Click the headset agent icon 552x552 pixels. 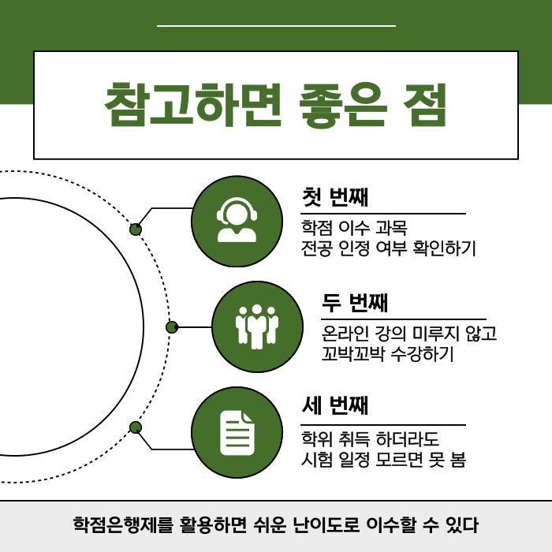[x=237, y=222]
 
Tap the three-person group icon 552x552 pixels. [x=257, y=326]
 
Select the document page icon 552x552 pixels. [x=237, y=432]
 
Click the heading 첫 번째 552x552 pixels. [x=335, y=196]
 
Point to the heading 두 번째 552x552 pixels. [x=356, y=302]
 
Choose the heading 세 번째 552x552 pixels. [x=335, y=407]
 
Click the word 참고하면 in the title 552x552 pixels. [x=192, y=105]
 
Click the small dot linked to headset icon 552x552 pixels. [x=136, y=229]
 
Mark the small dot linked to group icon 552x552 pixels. [x=172, y=326]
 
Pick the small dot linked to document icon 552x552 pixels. [x=136, y=427]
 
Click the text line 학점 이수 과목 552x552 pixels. [x=354, y=229]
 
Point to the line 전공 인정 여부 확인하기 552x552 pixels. [x=389, y=249]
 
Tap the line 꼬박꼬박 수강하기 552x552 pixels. [x=388, y=354]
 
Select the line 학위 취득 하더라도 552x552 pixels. [x=371, y=439]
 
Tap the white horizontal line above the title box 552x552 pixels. [x=276, y=26]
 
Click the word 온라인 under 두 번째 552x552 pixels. [x=342, y=334]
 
